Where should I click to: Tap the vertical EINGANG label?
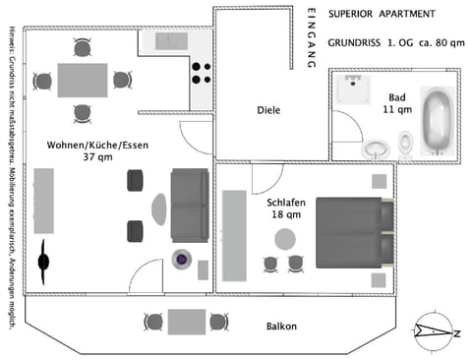311,37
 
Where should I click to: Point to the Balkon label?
282,326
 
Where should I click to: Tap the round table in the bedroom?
285,239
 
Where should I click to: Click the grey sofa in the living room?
190,206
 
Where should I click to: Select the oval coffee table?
159,208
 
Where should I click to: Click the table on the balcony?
185,322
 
